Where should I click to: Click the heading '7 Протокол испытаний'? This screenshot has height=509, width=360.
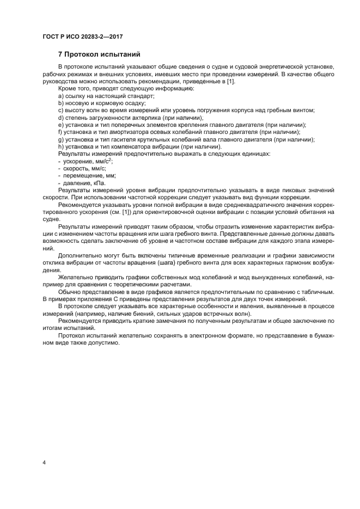(99, 54)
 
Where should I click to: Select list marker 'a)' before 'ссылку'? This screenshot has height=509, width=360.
(61, 96)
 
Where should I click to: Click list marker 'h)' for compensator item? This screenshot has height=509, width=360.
(61, 146)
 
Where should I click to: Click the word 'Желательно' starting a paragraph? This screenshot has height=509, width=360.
(76, 277)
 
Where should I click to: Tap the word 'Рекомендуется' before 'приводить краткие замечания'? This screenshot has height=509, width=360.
(81, 321)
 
